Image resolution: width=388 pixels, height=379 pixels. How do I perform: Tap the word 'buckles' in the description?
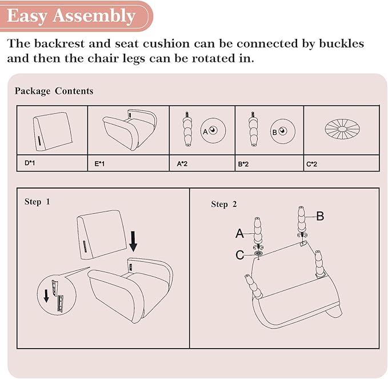click(x=342, y=43)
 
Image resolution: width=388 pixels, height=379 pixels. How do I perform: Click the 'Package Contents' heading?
click(x=54, y=91)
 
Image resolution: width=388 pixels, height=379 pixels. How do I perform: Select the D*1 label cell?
click(x=52, y=163)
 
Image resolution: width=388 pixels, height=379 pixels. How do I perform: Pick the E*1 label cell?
click(x=129, y=163)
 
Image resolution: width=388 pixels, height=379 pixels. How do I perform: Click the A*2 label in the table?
click(x=182, y=163)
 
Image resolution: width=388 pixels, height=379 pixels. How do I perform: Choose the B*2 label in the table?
click(x=243, y=164)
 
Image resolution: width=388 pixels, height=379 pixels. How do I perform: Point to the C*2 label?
click(x=311, y=164)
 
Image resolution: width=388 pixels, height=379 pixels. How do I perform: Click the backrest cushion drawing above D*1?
click(x=53, y=131)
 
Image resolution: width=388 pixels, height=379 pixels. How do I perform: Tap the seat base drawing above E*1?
click(x=130, y=129)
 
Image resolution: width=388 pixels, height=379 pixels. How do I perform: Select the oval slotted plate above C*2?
click(x=342, y=129)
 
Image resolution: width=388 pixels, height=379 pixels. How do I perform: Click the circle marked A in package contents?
click(x=213, y=130)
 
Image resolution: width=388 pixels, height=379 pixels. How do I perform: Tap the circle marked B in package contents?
click(x=283, y=131)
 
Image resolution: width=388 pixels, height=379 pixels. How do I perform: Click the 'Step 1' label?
click(x=37, y=202)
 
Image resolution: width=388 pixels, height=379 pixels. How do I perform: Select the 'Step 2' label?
click(x=224, y=204)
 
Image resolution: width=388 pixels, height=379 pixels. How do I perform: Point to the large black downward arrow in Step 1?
click(x=133, y=241)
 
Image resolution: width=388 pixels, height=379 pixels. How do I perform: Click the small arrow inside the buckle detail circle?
click(x=46, y=296)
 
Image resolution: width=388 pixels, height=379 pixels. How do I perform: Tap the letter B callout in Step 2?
click(x=320, y=216)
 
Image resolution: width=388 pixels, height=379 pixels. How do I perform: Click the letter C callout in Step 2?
click(x=240, y=255)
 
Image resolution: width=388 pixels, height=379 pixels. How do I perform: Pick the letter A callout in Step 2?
click(x=239, y=233)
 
